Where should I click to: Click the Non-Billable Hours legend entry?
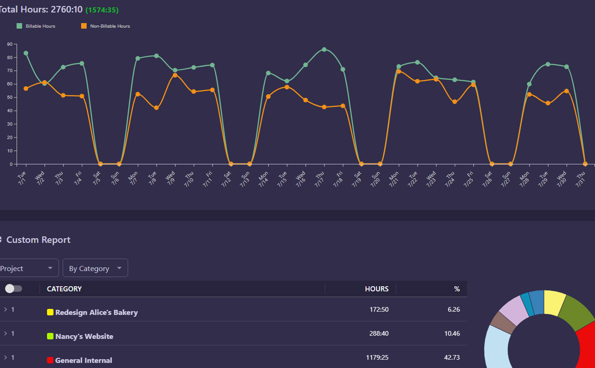coord(106,26)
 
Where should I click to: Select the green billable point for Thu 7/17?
coord(324,49)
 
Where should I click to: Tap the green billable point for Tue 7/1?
coord(26,53)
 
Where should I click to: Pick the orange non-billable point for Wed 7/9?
coord(175,75)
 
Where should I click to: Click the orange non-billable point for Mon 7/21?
coord(399,71)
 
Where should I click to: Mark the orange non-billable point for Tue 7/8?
coord(156,108)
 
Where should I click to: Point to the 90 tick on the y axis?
coord(9,44)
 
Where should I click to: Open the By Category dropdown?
coord(95,268)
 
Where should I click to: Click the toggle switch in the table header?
coord(13,289)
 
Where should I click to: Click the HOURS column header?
coord(377,289)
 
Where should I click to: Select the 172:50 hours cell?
coord(379,309)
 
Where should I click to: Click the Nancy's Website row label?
coord(84,337)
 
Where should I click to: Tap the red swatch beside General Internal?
coord(50,360)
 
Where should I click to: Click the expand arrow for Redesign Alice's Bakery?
coord(6,309)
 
